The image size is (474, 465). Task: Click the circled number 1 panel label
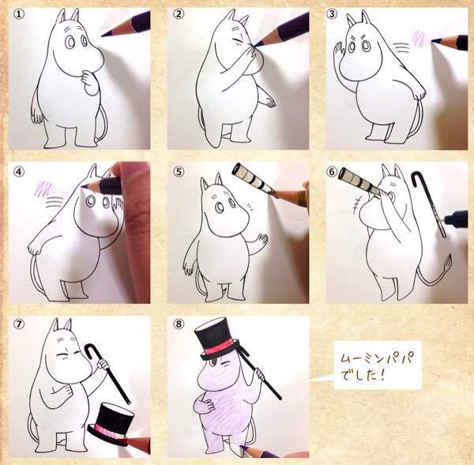(19, 14)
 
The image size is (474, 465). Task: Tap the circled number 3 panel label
(332, 14)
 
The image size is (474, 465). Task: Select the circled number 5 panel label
(179, 171)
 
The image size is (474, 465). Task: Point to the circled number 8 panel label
(179, 324)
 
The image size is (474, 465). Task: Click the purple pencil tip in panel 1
(104, 36)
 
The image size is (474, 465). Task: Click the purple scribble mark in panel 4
(43, 188)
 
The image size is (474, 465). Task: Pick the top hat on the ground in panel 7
(111, 420)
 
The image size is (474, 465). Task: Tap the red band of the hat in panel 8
(219, 348)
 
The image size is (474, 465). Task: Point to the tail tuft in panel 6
(448, 264)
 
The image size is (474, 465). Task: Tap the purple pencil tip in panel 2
(257, 44)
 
